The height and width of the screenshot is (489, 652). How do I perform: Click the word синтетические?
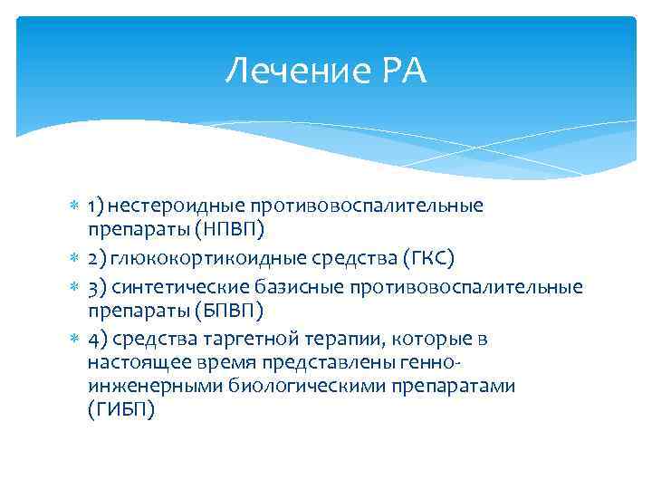click(174, 288)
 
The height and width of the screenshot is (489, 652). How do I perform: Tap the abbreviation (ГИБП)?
click(121, 408)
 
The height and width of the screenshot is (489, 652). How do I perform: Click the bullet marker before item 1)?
click(75, 206)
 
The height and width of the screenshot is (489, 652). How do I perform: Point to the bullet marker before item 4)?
click(75, 340)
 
